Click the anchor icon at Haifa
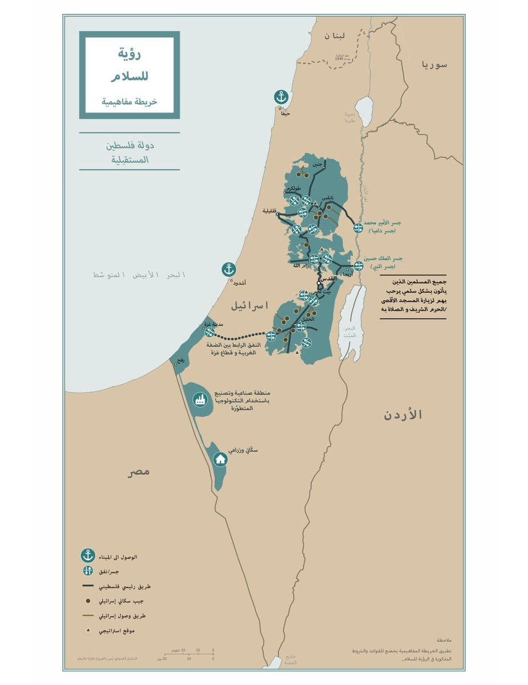[281, 97]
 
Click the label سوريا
[434, 65]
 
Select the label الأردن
[402, 415]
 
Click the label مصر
[139, 472]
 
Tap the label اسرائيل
[249, 305]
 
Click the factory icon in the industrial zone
[199, 400]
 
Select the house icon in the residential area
[220, 458]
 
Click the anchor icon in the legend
[87, 555]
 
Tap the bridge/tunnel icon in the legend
[87, 570]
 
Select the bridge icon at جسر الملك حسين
[358, 266]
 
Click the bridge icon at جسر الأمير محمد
[358, 228]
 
